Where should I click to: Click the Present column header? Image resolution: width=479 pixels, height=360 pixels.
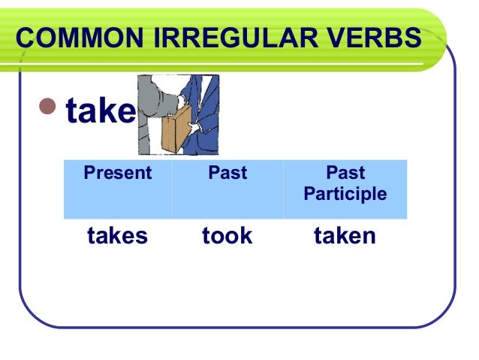[x=117, y=174]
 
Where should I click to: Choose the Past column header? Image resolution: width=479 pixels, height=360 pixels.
[x=227, y=174]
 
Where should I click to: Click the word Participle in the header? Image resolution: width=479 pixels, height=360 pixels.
[x=345, y=195]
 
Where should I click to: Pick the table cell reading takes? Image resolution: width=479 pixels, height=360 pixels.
[x=117, y=237]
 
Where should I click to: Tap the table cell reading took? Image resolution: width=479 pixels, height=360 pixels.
[x=227, y=237]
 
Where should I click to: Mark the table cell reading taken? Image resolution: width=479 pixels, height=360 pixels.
[x=345, y=237]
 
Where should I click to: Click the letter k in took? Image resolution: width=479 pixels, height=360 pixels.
[x=246, y=237]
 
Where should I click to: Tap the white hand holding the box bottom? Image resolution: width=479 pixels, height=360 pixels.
[x=194, y=129]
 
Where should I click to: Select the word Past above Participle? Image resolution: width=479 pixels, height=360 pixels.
[x=345, y=174]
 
